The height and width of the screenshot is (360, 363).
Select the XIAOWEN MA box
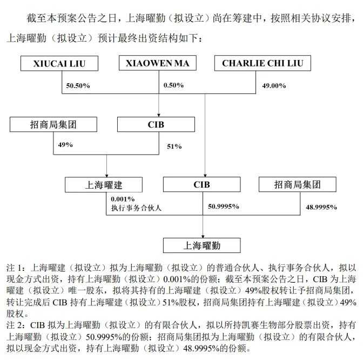157,63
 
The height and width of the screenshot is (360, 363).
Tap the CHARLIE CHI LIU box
263,63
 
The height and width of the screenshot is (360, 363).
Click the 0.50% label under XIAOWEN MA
173,85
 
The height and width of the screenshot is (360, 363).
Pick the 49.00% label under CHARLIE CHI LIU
273,85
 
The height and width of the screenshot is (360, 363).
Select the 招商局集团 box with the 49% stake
53,124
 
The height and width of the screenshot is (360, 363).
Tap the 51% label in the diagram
174,146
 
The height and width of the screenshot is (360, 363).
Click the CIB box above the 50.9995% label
202,185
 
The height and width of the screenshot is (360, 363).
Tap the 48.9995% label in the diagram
321,207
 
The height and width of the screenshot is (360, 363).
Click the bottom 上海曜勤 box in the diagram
202,245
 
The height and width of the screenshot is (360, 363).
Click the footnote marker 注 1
15,268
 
